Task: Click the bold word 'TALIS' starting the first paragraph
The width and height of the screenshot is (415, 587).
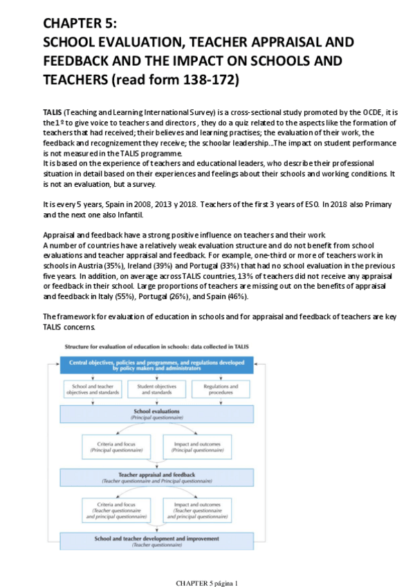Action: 52,111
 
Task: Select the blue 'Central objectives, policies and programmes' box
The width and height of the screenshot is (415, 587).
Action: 157,364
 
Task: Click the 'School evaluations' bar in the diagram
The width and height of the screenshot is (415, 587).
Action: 157,414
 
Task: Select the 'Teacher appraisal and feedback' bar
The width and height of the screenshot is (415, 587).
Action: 157,477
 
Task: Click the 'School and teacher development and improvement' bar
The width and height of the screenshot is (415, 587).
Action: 157,541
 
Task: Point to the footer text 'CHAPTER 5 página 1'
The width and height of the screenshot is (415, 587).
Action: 207,583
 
